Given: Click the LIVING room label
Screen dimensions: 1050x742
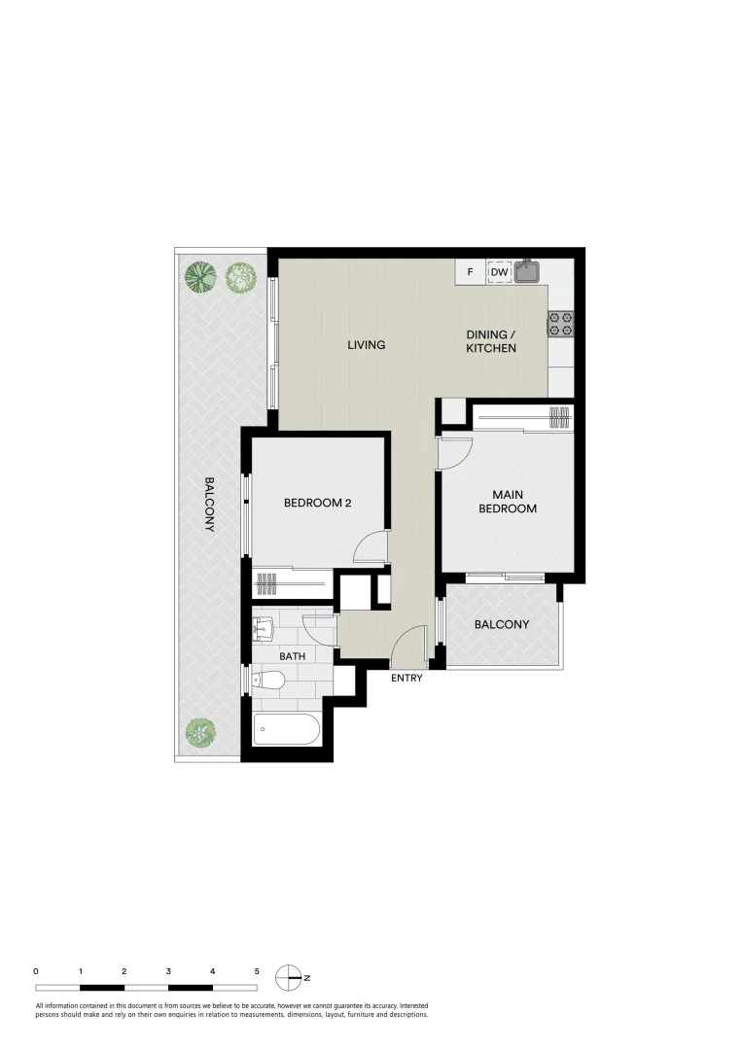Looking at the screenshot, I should coord(367,345).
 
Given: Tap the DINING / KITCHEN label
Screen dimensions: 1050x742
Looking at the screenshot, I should coord(490,341).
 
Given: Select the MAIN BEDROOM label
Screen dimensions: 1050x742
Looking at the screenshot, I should coord(507,501).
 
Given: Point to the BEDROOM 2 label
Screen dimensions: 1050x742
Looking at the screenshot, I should coord(317,503).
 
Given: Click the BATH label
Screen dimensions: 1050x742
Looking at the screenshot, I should coord(292,656).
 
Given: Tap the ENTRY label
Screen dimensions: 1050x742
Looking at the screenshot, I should coord(406,678).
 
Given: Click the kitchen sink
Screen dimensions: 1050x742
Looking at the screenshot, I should coord(528,270).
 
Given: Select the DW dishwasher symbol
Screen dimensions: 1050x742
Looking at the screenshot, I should coord(499,272).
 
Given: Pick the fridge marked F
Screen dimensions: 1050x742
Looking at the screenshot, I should coord(470,272).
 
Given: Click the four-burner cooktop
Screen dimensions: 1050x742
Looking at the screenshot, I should coord(560,324).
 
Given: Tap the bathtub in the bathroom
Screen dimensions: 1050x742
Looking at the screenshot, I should coord(286,729).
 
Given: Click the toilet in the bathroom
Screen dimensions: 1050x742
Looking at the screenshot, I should coord(267,681).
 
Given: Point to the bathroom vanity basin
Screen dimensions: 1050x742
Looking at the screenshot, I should coord(263,627).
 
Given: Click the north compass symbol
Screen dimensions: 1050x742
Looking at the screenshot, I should coord(288,975).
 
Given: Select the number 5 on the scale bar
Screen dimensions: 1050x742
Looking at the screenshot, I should coord(257,970).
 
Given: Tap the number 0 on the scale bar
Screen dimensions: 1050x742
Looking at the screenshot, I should coord(36,970).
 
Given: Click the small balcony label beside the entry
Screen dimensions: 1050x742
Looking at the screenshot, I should coord(502,624).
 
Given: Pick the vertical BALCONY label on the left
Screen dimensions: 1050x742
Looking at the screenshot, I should coord(208,504).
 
